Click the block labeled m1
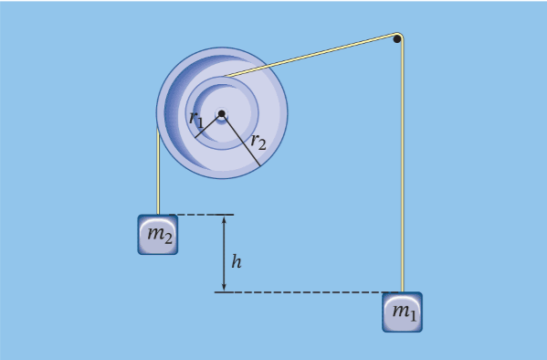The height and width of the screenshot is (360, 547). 402,312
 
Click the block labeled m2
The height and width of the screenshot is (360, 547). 158,235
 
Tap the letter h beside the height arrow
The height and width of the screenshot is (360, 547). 237,262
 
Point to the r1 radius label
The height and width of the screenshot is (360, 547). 196,117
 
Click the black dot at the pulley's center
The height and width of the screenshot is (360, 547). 221,114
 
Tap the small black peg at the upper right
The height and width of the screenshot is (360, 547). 397,38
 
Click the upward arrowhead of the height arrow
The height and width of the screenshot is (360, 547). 224,220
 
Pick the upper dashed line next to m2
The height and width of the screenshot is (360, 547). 205,215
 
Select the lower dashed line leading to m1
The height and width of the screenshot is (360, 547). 301,292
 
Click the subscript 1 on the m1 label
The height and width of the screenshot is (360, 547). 410,315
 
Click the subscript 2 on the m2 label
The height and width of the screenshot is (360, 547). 166,239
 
